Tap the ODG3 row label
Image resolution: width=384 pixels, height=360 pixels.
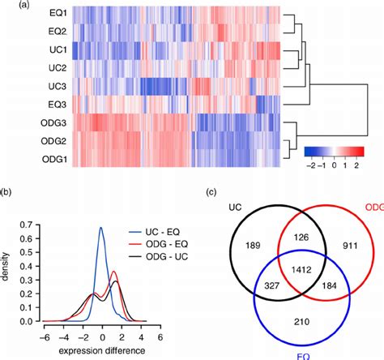coord(53,122)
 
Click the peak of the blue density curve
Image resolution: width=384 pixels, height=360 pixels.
coord(101,228)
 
